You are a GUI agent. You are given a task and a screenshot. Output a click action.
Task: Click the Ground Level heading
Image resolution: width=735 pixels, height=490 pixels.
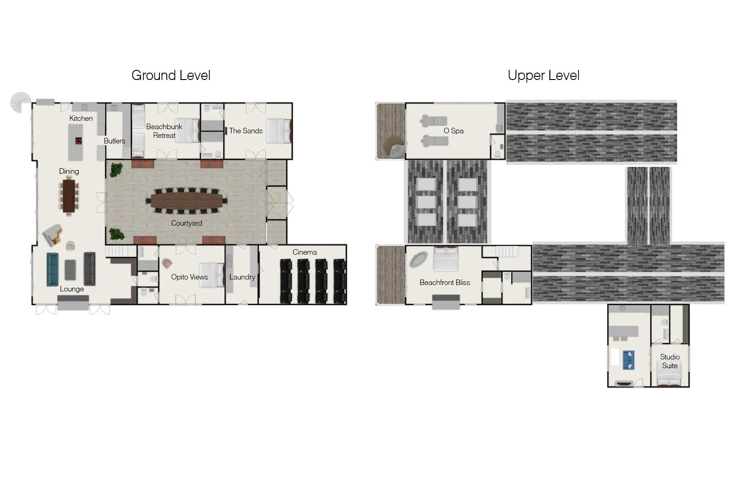click(x=171, y=75)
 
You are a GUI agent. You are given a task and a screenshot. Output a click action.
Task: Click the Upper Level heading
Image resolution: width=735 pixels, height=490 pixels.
click(x=544, y=75)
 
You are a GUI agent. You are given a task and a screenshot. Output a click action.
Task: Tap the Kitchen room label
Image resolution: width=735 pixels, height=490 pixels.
click(x=81, y=118)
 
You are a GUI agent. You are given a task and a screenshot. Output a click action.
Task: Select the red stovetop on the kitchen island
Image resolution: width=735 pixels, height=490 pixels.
click(x=79, y=141)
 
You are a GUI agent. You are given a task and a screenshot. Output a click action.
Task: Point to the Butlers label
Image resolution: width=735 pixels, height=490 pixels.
click(x=114, y=141)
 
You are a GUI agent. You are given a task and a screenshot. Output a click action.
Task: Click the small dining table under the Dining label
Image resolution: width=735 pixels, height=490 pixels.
click(x=69, y=196)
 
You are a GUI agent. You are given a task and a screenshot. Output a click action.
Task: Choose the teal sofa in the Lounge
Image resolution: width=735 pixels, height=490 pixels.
click(x=52, y=269)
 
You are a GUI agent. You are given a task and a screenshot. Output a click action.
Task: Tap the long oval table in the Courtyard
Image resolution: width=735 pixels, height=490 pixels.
click(x=187, y=200)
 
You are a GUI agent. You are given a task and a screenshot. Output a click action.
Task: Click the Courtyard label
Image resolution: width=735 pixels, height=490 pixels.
click(x=187, y=223)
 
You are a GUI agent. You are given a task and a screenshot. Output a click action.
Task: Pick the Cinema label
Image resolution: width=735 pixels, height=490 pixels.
click(x=305, y=252)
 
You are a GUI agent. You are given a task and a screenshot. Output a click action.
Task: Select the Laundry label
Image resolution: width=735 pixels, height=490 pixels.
click(x=242, y=277)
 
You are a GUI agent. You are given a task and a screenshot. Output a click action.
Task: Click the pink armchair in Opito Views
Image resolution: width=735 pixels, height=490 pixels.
click(x=167, y=263)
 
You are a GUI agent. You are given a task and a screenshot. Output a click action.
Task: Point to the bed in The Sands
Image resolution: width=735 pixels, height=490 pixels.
click(x=278, y=131)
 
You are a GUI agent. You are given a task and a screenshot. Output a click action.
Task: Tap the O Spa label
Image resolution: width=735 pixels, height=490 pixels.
click(x=453, y=131)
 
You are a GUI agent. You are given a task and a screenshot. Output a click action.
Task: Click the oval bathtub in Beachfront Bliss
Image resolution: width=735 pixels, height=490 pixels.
click(x=418, y=260)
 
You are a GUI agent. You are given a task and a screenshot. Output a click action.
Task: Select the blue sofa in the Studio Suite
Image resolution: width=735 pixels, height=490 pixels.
click(x=628, y=360)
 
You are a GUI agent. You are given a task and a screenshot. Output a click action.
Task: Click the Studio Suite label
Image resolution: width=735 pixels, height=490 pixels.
click(x=670, y=361)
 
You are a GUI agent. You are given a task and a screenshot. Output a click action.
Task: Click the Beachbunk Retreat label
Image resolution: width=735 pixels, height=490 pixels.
click(x=164, y=131)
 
